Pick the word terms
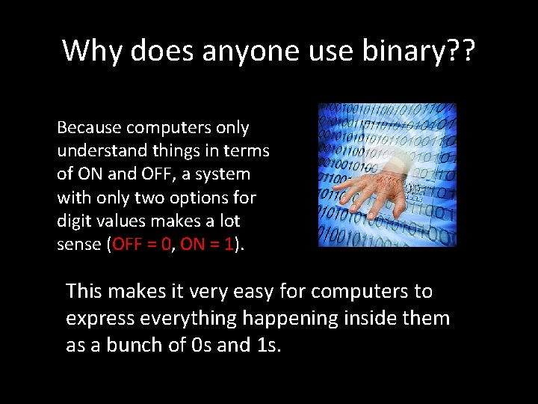coord(248,151)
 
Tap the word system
coord(224,174)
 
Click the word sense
coord(79,245)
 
